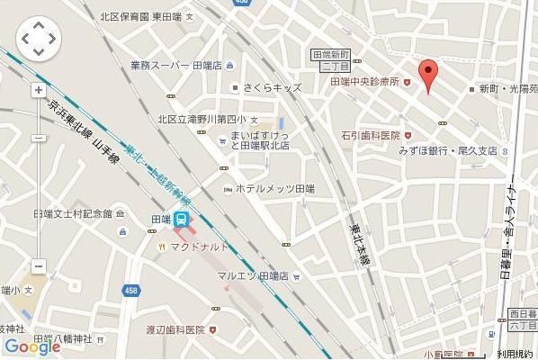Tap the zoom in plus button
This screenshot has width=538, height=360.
pyautogui.click(x=38, y=90)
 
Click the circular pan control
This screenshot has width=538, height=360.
pyautogui.click(x=38, y=39)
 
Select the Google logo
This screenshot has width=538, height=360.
pyautogui.click(x=31, y=346)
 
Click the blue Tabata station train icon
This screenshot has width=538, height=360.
pyautogui.click(x=182, y=219)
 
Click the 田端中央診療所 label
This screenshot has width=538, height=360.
pyautogui.click(x=364, y=82)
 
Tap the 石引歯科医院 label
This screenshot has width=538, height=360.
pyautogui.click(x=370, y=134)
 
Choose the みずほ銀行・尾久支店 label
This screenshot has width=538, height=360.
pyautogui.click(x=448, y=151)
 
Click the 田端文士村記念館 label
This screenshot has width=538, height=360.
pyautogui.click(x=72, y=213)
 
